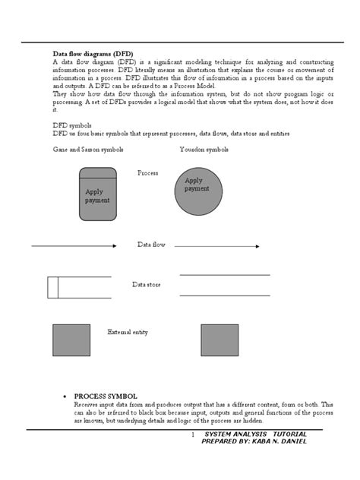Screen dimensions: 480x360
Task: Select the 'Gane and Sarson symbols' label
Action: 83,150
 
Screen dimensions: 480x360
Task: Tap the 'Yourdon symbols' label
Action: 204,150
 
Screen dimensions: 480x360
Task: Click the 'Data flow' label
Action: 152,245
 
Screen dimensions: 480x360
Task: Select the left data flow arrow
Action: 74,245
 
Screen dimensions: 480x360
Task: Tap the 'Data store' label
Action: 146,285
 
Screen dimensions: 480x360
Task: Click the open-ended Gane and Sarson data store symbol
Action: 78,287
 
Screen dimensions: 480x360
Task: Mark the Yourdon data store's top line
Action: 225,275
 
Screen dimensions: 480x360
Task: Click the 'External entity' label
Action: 128,333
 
